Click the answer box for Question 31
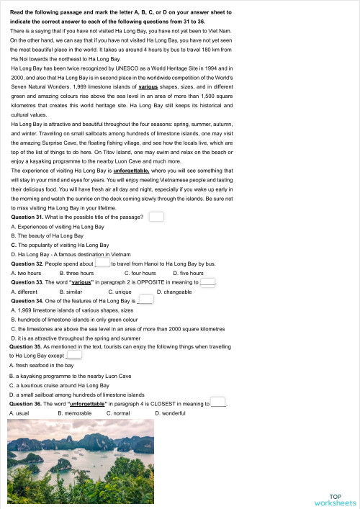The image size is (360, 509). pos(156,217)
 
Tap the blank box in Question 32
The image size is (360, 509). pos(102,264)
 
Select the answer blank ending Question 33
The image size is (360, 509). pos(207,283)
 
